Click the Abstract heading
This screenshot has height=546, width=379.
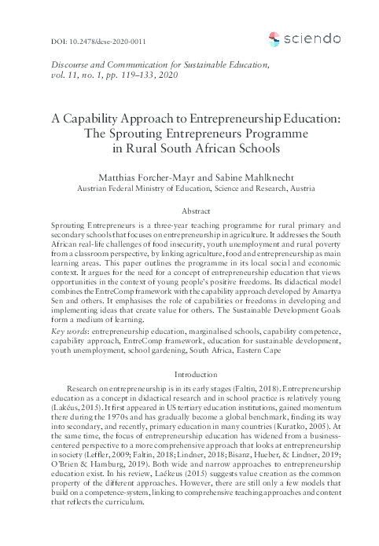coord(189,211)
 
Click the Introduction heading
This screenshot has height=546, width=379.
coord(189,354)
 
